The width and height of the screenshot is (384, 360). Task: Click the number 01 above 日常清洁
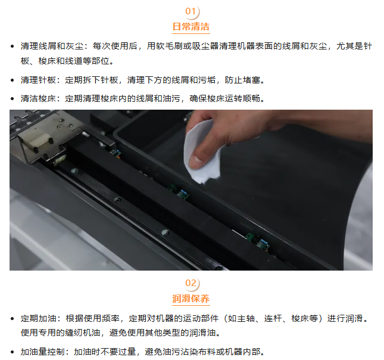(191, 11)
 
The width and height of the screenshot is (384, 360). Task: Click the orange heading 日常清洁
(191, 26)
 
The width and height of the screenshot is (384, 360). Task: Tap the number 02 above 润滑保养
(191, 283)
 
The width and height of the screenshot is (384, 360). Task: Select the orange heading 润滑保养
(191, 299)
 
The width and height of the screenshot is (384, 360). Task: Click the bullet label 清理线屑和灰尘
(52, 46)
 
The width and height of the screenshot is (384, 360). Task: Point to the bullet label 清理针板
(39, 80)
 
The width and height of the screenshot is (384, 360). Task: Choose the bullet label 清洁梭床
(39, 98)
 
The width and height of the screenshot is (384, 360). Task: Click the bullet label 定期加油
(39, 318)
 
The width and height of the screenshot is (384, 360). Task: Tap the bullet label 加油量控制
(43, 352)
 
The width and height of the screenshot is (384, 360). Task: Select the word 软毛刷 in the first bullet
(170, 46)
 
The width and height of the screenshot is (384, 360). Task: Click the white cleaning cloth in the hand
(200, 152)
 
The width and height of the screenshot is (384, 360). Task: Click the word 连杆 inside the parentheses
(273, 318)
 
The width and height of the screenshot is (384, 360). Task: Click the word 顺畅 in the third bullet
(251, 98)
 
